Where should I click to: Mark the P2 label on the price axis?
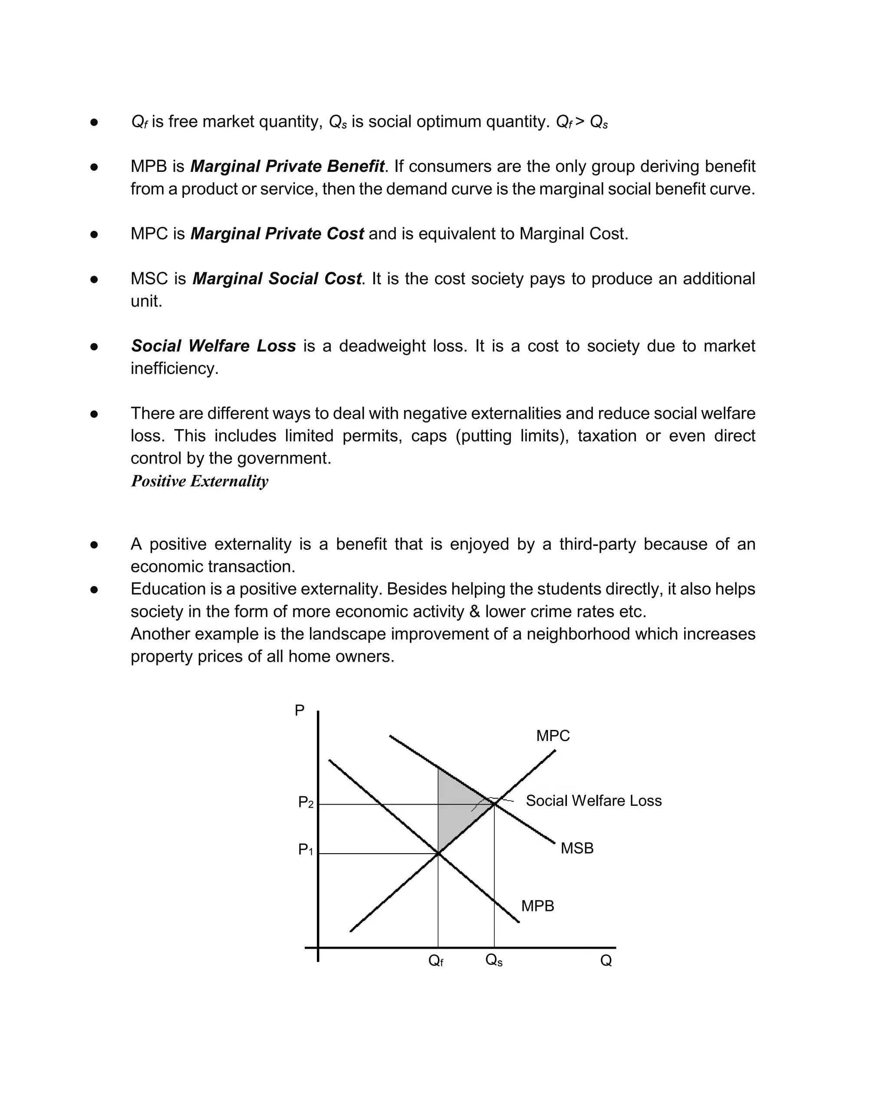click(306, 802)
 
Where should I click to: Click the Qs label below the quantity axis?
click(493, 960)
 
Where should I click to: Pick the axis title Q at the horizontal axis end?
click(606, 960)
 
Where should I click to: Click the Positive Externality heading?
click(199, 481)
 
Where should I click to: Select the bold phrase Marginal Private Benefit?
click(287, 167)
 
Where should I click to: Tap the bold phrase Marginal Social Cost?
click(277, 279)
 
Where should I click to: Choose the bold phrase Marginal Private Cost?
click(277, 234)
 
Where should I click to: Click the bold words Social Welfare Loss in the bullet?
click(214, 346)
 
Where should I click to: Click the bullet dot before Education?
click(94, 589)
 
